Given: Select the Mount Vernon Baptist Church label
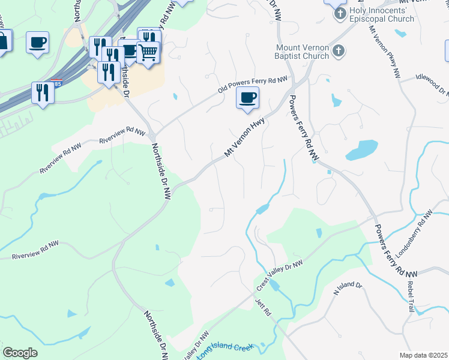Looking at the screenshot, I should (x=303, y=52).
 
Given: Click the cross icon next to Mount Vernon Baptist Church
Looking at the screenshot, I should (x=339, y=52).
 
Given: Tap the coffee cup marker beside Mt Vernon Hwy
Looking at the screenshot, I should (x=247, y=98).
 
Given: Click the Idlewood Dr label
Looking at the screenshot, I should (x=432, y=84).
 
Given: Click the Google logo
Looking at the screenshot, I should (x=20, y=353).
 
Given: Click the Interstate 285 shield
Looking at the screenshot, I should (x=55, y=83).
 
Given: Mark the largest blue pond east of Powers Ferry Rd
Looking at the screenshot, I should (x=361, y=149).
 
